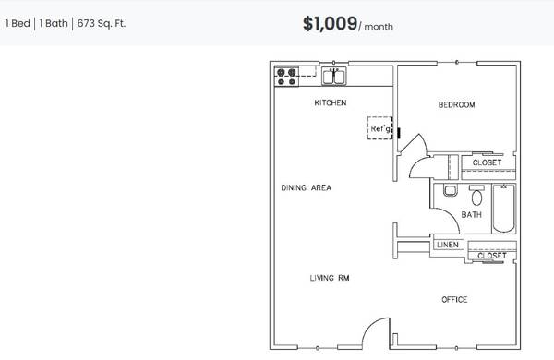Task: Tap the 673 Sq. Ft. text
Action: [101, 24]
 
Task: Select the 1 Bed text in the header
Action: [18, 24]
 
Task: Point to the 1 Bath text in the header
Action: [54, 24]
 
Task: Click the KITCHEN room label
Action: [331, 102]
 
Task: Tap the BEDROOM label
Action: [456, 104]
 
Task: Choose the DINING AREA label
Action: [306, 188]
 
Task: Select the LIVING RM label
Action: [330, 278]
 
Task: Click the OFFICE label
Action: [454, 300]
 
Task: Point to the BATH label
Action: [471, 215]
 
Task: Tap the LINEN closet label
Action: [448, 245]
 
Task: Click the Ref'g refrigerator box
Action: [379, 128]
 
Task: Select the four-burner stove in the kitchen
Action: [286, 77]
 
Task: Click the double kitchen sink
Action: [334, 77]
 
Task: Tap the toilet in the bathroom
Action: [476, 195]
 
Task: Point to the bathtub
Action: [504, 209]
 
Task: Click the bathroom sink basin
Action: [451, 191]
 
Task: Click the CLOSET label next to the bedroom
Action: [487, 162]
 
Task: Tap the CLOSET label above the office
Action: [492, 256]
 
